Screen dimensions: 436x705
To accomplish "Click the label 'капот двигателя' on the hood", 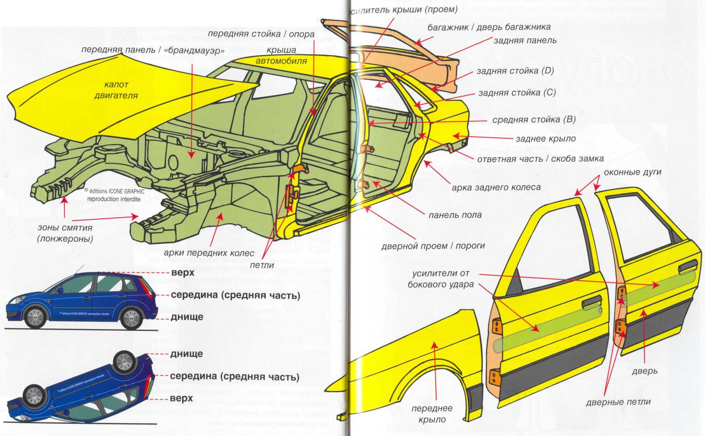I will point(116,90).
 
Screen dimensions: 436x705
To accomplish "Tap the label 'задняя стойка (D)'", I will point(515,71).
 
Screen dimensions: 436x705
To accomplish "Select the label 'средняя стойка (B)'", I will point(534,120).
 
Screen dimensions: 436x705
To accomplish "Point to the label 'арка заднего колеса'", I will point(496,187).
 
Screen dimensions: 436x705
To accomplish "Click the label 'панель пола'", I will point(455,215).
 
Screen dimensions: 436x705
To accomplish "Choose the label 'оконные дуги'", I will point(632,172).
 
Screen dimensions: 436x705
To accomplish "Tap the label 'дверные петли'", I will point(618,402).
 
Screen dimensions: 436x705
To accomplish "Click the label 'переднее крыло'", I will point(432,414).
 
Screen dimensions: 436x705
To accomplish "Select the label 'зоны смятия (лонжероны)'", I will point(65,233).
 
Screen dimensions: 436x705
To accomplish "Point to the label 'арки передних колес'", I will point(209,253).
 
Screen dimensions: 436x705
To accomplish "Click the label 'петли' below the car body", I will point(262,265).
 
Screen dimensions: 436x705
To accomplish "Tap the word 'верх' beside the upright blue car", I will point(183,273).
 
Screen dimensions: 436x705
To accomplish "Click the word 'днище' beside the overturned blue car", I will point(187,354).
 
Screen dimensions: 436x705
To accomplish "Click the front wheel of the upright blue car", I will point(35,317).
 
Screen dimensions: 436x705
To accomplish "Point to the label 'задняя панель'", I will point(525,40).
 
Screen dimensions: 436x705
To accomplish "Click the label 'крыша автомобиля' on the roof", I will point(281,56).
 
